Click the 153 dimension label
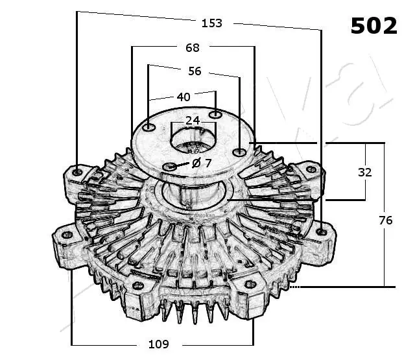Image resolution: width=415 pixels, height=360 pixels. (212, 23)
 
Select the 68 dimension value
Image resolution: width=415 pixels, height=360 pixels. (193, 47)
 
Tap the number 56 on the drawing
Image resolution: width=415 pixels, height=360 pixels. (195, 71)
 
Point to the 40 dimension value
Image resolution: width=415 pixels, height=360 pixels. (184, 97)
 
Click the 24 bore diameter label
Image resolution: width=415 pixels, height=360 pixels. (192, 121)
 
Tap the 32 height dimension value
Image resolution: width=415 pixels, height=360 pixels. (365, 173)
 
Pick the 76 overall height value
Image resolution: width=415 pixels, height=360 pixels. (385, 221)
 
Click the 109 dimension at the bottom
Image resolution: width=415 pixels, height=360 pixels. (159, 344)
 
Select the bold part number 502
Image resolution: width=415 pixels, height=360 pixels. (373, 26)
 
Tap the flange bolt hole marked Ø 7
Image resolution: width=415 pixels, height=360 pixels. (171, 167)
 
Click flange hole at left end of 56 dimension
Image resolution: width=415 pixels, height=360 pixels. (149, 128)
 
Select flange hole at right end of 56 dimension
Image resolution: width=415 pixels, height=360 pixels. (239, 152)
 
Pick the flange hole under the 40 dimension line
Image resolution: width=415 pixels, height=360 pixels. (216, 115)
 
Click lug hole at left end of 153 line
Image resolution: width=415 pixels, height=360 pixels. (77, 172)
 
